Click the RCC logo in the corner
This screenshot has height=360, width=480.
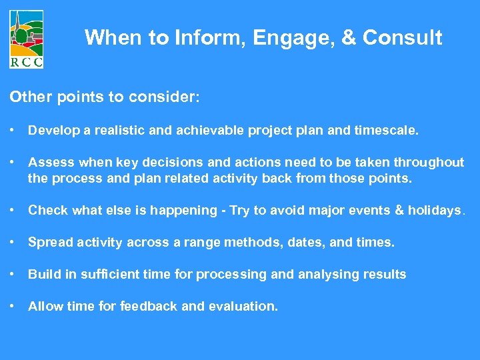coord(27,39)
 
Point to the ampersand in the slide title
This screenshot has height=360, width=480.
coord(349,38)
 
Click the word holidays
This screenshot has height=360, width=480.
coord(434,210)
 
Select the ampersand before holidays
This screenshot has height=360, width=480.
coord(399,210)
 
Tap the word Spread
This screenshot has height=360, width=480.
coord(47,242)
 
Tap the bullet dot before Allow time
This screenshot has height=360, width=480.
coord(13,307)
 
